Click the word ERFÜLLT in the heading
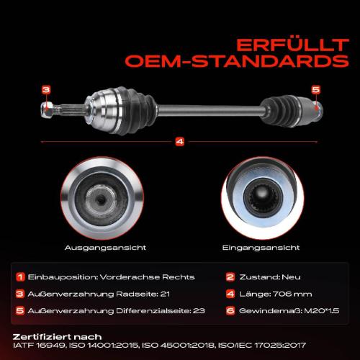[x=292, y=45]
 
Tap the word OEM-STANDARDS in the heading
[x=237, y=61]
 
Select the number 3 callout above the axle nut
[x=46, y=90]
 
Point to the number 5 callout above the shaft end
[x=316, y=90]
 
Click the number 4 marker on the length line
[x=180, y=142]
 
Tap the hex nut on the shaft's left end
[x=48, y=109]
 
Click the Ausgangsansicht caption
[x=105, y=248]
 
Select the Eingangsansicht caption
[x=261, y=248]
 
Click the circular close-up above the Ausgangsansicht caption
[x=102, y=198]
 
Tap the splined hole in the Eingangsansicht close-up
[x=264, y=197]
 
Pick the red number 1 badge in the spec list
[x=20, y=277]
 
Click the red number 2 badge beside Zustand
[x=230, y=277]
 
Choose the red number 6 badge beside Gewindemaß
[x=230, y=311]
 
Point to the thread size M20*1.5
[x=322, y=311]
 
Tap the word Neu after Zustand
[x=291, y=277]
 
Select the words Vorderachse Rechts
[x=147, y=277]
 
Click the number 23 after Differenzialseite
[x=199, y=311]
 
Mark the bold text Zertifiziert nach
[x=57, y=337]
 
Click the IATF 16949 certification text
[x=39, y=346]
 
